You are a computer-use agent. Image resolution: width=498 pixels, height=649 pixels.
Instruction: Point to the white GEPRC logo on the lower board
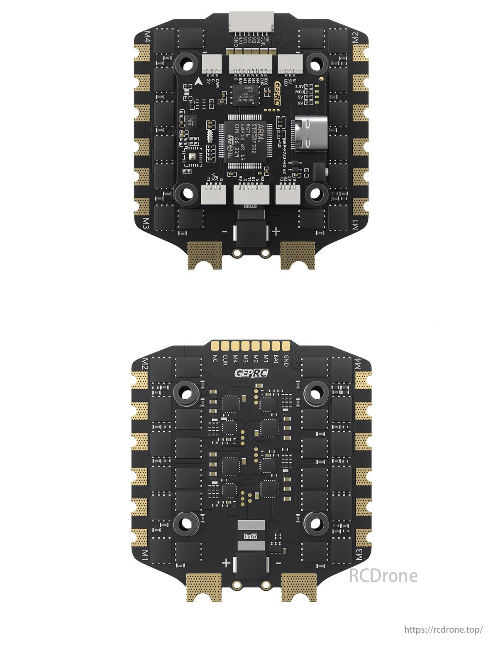251,373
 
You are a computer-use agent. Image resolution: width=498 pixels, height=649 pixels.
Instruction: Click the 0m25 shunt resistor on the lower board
251,536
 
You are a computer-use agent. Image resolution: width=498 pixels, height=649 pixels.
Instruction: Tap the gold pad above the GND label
286,345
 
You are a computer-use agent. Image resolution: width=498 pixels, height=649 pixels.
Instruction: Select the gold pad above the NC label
215,345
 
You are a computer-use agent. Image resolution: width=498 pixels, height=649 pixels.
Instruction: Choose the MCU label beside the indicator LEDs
300,91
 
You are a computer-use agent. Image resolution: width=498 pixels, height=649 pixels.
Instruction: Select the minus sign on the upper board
225,232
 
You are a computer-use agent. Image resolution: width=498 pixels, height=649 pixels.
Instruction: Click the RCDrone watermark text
383,575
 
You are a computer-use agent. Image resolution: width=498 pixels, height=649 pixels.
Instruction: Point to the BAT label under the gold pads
276,359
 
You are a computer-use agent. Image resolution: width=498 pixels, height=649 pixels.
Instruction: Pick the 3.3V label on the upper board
299,86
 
